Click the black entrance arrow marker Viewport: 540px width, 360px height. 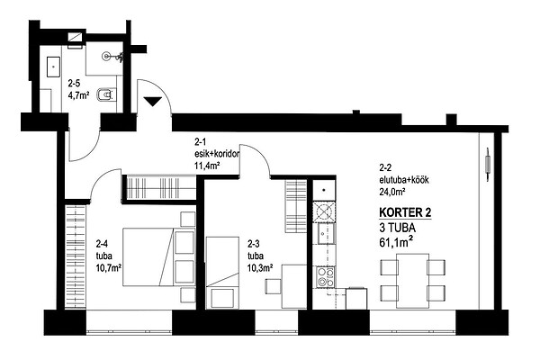tap(153, 102)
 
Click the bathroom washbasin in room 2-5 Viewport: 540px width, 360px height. tap(53, 67)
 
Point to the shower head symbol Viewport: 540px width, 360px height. tap(107, 56)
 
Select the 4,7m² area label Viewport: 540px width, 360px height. tap(79, 95)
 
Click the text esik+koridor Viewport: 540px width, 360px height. tap(217, 154)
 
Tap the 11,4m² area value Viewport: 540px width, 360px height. tap(207, 166)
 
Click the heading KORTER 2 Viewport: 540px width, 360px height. tap(405, 212)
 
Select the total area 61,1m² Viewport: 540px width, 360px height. tap(396, 242)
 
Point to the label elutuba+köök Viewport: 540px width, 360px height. tap(404, 180)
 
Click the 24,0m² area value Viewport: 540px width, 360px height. tap(392, 192)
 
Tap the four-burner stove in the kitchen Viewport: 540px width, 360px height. tap(326, 277)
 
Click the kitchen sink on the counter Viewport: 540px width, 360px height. tap(326, 234)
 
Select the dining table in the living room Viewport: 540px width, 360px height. tap(412, 281)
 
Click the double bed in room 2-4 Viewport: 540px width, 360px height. tap(159, 257)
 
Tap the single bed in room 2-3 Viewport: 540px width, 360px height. tap(222, 273)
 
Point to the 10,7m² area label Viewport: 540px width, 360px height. tap(109, 267)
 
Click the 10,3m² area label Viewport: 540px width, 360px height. tap(260, 267)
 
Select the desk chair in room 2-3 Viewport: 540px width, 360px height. tap(273, 286)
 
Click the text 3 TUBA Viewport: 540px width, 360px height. tap(397, 228)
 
